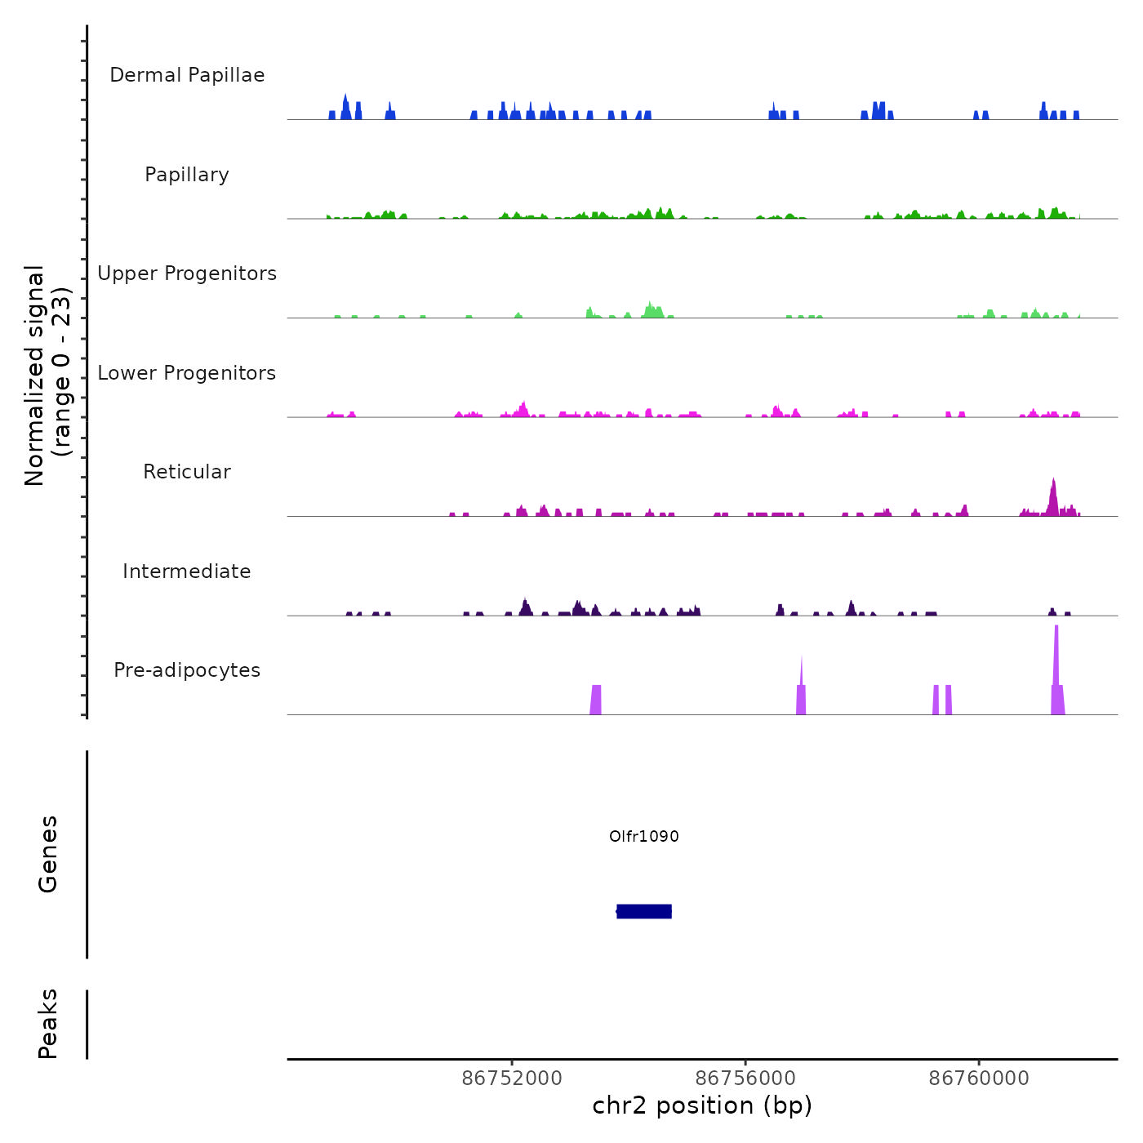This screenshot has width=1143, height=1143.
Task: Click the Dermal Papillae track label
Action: pyautogui.click(x=187, y=75)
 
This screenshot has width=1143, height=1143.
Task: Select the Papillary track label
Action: pyautogui.click(x=187, y=175)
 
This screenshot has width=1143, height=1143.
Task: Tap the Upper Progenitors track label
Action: pyautogui.click(x=187, y=274)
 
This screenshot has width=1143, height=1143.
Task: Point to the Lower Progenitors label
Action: pyautogui.click(x=187, y=373)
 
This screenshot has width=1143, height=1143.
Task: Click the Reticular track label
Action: pyautogui.click(x=187, y=472)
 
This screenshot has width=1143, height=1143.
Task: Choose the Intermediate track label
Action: pyautogui.click(x=187, y=571)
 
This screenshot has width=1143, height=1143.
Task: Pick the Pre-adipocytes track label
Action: pyautogui.click(x=187, y=670)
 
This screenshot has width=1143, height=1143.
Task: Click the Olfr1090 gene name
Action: pyautogui.click(x=644, y=836)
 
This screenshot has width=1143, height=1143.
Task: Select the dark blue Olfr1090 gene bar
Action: pyautogui.click(x=644, y=911)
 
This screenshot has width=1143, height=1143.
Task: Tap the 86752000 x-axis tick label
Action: pyautogui.click(x=512, y=1079)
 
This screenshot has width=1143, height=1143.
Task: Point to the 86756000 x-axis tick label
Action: pyautogui.click(x=745, y=1079)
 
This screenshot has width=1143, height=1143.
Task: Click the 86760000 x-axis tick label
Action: pyautogui.click(x=979, y=1079)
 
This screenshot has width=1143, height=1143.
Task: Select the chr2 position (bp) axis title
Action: pyautogui.click(x=702, y=1105)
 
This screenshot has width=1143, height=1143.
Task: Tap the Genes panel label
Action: pyautogui.click(x=48, y=854)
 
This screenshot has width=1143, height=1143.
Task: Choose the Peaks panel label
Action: pyautogui.click(x=48, y=1024)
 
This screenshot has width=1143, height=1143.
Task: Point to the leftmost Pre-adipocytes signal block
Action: pyautogui.click(x=596, y=700)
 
